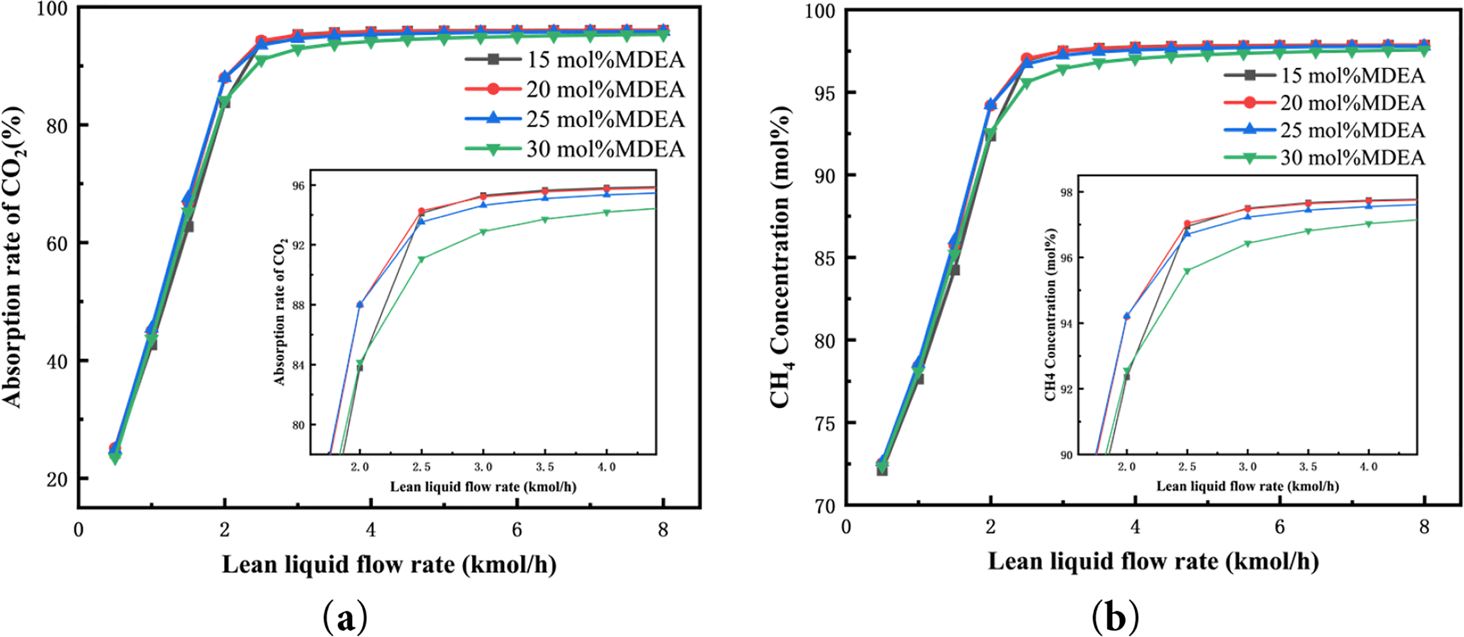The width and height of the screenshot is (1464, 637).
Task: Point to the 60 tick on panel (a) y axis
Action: pyautogui.click(x=57, y=243)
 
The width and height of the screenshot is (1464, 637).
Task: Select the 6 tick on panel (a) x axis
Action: pyautogui.click(x=516, y=530)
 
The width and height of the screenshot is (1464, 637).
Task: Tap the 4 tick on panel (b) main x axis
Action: pyautogui.click(x=1135, y=527)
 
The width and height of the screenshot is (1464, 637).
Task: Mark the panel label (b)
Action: pyautogui.click(x=1114, y=619)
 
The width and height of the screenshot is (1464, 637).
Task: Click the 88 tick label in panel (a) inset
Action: pyautogui.click(x=298, y=305)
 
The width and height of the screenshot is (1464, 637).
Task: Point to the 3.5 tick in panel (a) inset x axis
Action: pyautogui.click(x=544, y=467)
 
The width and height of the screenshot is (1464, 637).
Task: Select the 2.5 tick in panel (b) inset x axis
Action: pyautogui.click(x=1187, y=467)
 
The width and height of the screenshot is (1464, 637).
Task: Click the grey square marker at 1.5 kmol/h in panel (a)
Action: pyautogui.click(x=188, y=226)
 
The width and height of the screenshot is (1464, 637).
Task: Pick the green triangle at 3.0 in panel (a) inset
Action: pyautogui.click(x=483, y=232)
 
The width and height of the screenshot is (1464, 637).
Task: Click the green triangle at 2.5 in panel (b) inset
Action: pyautogui.click(x=1187, y=271)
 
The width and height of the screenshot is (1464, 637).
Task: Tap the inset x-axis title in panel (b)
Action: pyautogui.click(x=1248, y=486)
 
